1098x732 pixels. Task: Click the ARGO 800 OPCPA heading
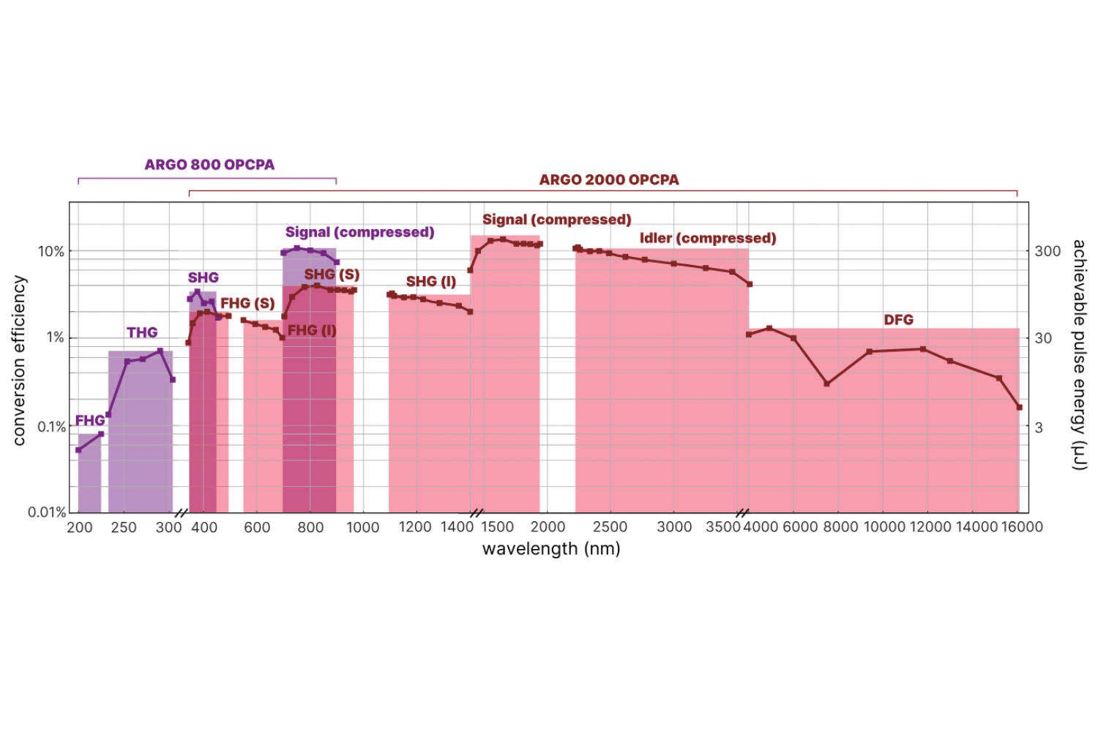[209, 165]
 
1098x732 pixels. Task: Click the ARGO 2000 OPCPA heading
[609, 180]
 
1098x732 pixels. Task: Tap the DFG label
[898, 320]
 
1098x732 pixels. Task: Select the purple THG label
[142, 333]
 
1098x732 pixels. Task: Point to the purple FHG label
[90, 421]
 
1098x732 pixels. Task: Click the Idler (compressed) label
[707, 239]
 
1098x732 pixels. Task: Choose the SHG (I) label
[431, 282]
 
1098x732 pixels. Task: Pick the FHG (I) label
[312, 331]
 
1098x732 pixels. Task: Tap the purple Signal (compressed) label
[359, 233]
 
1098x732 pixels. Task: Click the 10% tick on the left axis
[51, 252]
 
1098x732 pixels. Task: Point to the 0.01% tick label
[47, 512]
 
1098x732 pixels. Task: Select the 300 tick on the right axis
[1047, 251]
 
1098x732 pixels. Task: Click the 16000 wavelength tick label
[1021, 527]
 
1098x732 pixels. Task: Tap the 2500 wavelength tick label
[610, 527]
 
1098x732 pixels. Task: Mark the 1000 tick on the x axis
[362, 527]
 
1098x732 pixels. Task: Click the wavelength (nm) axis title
[551, 549]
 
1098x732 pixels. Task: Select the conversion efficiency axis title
[20, 360]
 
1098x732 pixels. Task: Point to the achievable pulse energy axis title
[1079, 354]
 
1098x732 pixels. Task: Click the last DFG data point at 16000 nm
[1019, 407]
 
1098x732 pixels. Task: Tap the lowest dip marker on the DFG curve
[826, 384]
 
